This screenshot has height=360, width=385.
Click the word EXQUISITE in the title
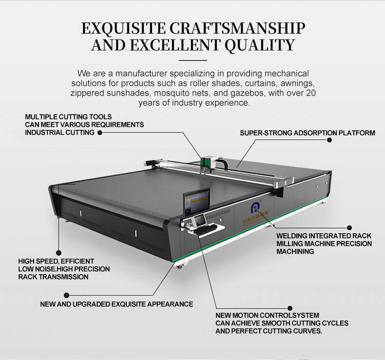coord(123,28)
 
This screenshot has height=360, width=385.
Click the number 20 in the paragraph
coord(311,93)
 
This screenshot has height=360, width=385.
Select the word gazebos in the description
coord(248,93)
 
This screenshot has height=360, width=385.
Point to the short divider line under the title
coord(193,60)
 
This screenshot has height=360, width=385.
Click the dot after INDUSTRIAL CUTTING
coord(100,133)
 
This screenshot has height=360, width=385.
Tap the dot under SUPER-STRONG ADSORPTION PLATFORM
coord(329,140)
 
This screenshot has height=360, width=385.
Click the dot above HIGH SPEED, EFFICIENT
coord(58,253)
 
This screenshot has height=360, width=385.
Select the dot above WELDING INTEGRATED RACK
coord(349,227)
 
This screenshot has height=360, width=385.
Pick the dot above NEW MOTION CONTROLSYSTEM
coord(290,308)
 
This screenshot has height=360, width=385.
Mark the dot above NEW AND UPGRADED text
coord(66,295)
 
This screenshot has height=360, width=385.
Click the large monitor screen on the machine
coord(196,201)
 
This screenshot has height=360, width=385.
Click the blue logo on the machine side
coord(254,208)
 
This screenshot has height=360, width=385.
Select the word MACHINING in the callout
coord(295,251)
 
